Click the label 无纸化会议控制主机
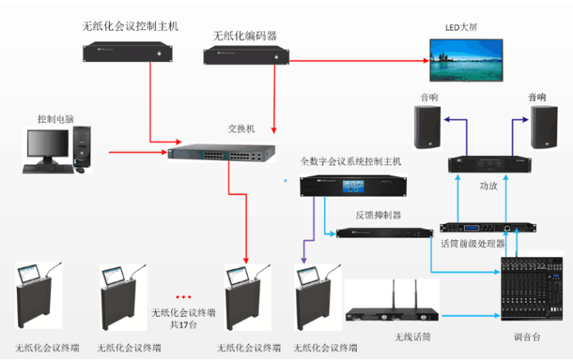(131, 25)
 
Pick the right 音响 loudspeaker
(544, 127)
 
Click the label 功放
(489, 185)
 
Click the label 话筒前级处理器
(473, 244)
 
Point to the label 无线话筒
(411, 338)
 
